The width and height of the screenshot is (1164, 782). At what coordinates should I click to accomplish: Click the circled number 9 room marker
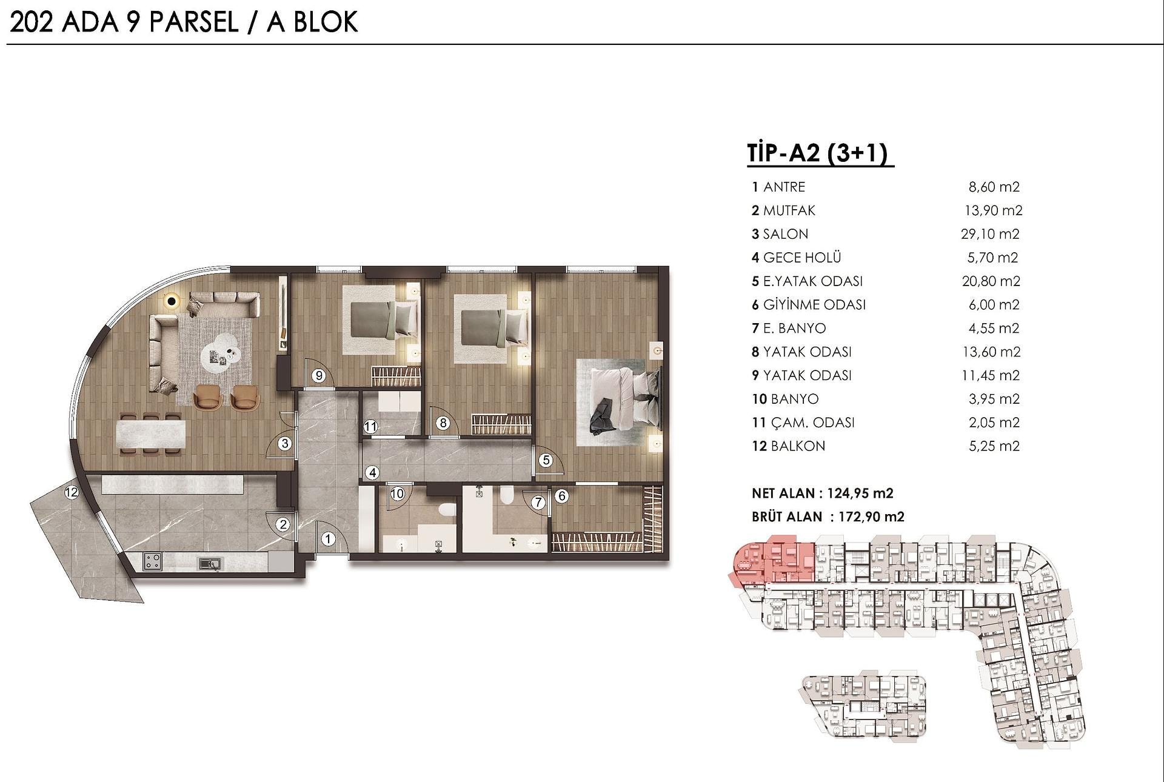click(x=319, y=376)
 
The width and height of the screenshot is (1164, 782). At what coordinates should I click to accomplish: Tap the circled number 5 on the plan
click(x=546, y=460)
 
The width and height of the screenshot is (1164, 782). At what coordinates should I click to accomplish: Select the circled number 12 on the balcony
click(x=72, y=492)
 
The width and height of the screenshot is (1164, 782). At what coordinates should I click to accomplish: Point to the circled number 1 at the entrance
click(x=328, y=538)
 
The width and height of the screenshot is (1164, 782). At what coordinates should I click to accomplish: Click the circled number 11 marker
click(x=370, y=427)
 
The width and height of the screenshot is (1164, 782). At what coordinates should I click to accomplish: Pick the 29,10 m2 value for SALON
click(x=991, y=234)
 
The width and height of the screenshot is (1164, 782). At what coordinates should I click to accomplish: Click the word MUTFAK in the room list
click(x=789, y=210)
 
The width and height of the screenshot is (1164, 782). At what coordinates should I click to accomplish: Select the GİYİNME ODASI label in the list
click(x=814, y=304)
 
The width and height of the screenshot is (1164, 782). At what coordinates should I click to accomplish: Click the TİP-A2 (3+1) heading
click(x=820, y=153)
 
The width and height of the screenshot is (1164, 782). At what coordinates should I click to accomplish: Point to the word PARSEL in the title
click(x=193, y=22)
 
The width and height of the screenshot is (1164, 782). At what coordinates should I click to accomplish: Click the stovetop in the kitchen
click(x=153, y=561)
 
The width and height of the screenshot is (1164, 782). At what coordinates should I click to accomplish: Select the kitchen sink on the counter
click(x=210, y=564)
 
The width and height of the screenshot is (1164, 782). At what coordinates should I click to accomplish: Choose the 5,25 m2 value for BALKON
click(x=994, y=446)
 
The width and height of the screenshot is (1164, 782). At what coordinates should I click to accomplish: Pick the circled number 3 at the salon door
click(x=285, y=443)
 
